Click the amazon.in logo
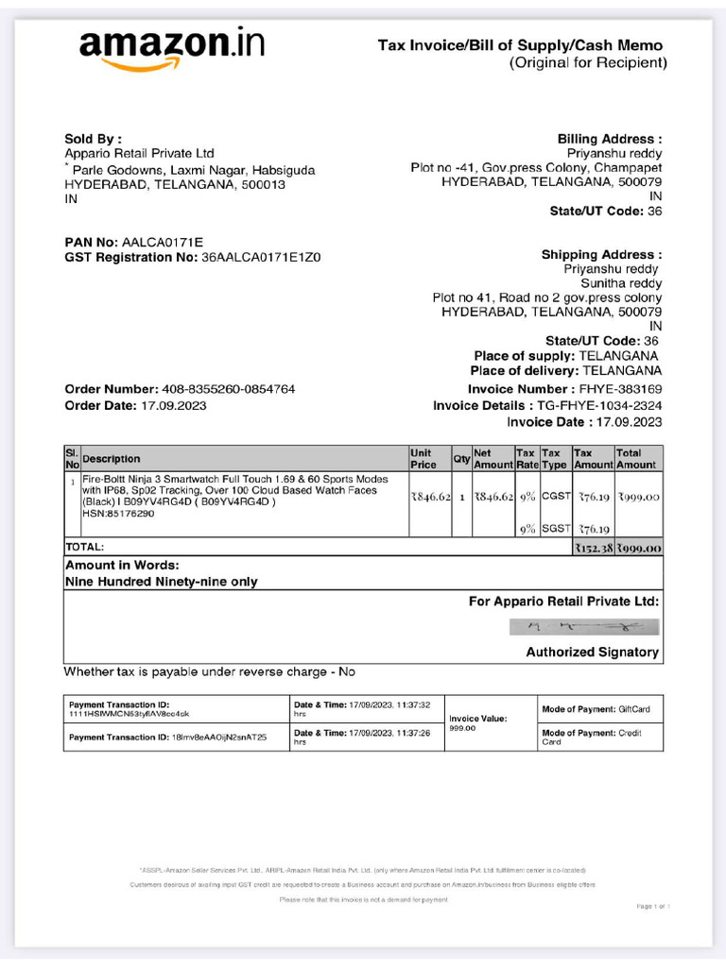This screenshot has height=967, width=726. click(x=171, y=47)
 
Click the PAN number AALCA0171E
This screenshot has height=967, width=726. click(x=163, y=242)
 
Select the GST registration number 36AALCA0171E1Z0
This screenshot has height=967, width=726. click(x=261, y=257)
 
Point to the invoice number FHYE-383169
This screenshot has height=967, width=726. click(x=619, y=389)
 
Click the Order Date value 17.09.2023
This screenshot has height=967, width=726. click(x=173, y=405)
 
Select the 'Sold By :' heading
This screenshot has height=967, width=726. click(x=93, y=138)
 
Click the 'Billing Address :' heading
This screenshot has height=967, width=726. click(x=610, y=138)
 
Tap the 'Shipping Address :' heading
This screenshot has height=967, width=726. click(x=601, y=254)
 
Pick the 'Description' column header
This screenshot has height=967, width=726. click(x=112, y=459)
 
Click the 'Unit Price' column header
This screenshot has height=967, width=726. click(x=423, y=459)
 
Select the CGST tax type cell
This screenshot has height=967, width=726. click(x=555, y=497)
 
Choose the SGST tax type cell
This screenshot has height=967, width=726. click(x=555, y=530)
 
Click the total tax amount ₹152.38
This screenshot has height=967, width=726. click(x=594, y=548)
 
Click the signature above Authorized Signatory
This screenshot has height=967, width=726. click(x=583, y=625)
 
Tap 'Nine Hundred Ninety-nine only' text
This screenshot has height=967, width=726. click(x=161, y=582)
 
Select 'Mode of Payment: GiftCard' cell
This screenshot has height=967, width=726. click(x=596, y=709)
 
